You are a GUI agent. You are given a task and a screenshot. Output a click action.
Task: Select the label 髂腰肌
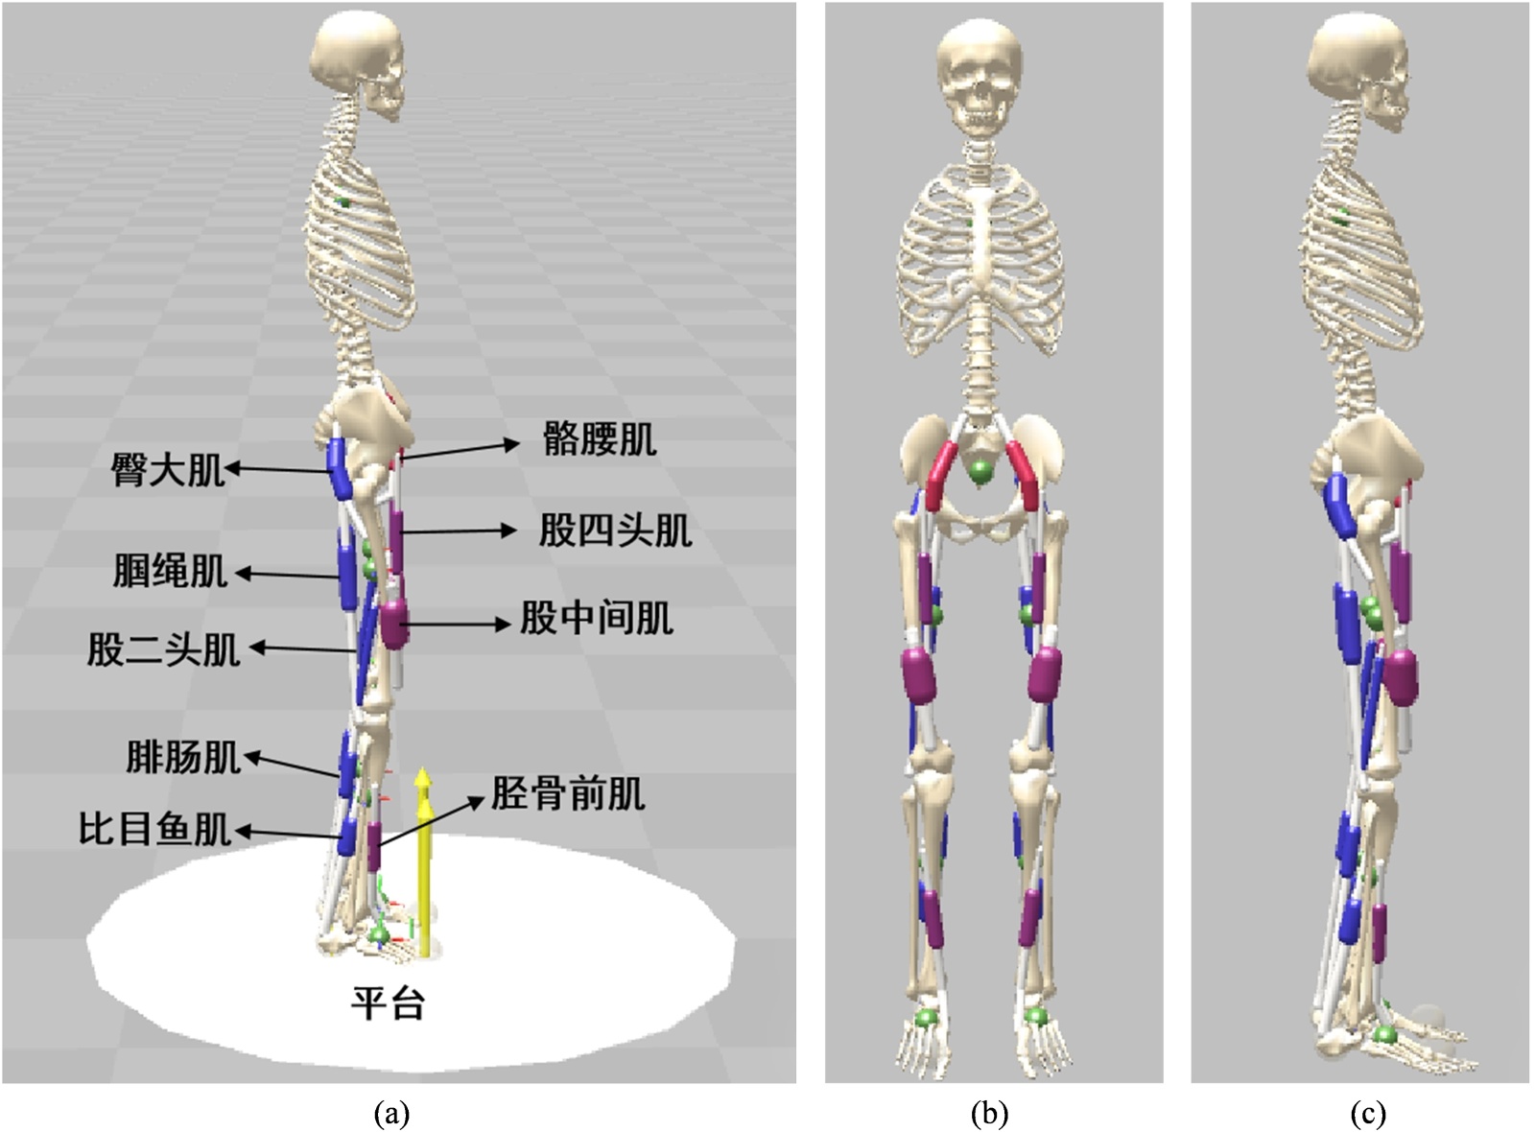point(600,439)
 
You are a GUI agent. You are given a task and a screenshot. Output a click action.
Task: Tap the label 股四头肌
point(615,530)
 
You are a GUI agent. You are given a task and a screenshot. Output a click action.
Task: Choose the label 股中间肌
point(596,619)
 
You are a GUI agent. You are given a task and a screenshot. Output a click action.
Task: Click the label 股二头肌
point(163,649)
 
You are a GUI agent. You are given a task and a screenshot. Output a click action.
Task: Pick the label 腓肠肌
point(182,757)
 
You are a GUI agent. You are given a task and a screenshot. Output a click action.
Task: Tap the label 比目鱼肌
point(154,828)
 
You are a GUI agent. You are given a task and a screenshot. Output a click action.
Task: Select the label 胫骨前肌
point(568,793)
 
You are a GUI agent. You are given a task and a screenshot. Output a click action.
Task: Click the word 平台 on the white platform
point(388,1003)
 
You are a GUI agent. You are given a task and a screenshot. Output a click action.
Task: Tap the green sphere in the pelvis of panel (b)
point(980,472)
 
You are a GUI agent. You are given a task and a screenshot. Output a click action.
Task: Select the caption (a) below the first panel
point(391,1114)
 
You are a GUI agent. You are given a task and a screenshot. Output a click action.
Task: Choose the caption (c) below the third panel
point(1367,1114)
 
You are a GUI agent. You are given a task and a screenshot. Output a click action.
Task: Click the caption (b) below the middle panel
point(989,1114)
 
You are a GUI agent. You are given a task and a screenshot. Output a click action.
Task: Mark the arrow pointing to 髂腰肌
point(460,450)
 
